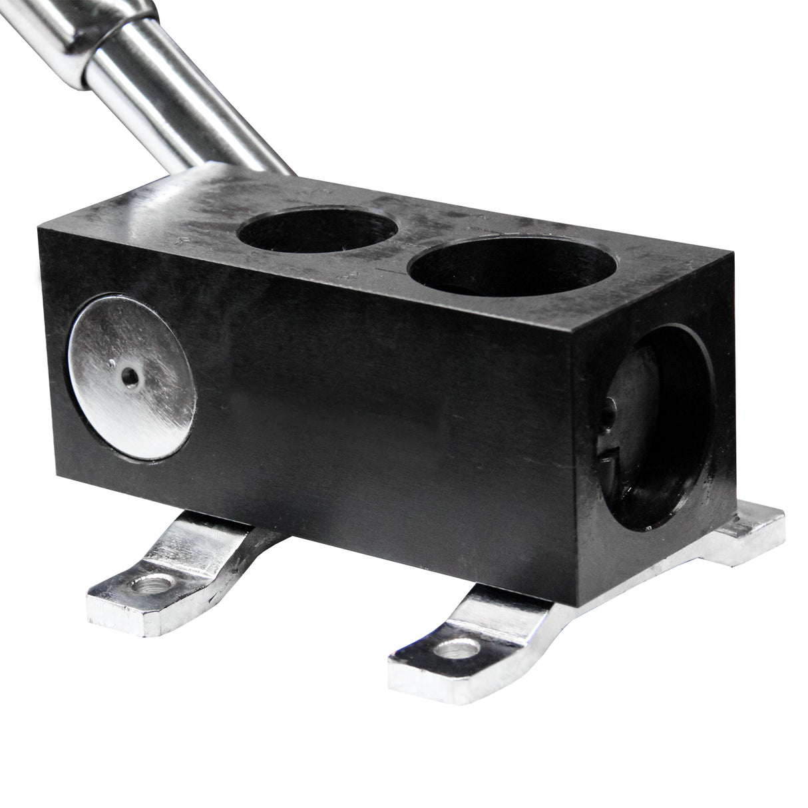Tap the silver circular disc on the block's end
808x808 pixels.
(133, 377)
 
